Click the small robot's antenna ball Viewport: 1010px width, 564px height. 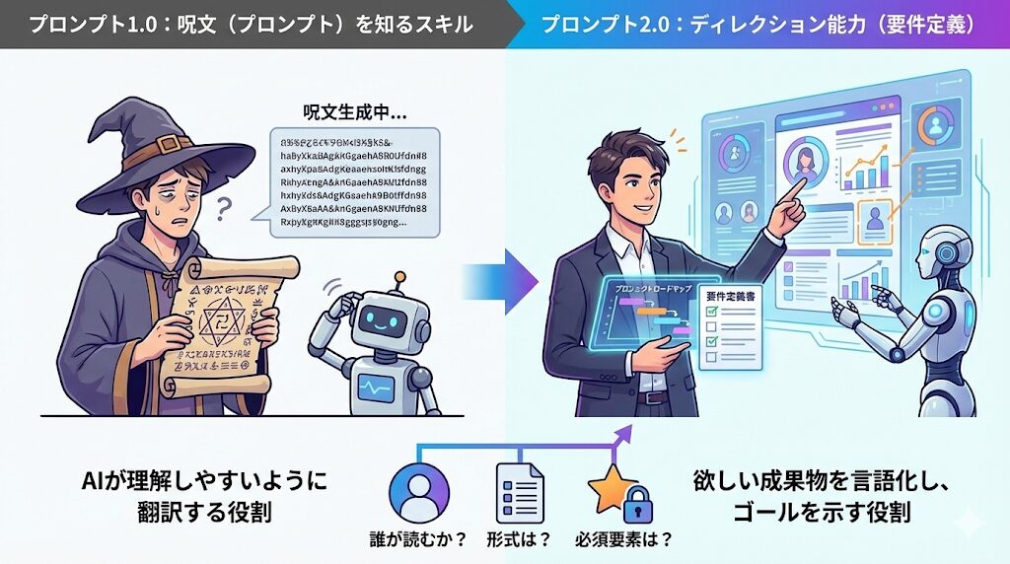coord(398,278)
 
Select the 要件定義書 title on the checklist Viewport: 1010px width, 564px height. coord(731,294)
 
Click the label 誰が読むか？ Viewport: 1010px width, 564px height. coord(419,539)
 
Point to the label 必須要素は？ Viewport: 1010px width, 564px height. coord(625,539)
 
